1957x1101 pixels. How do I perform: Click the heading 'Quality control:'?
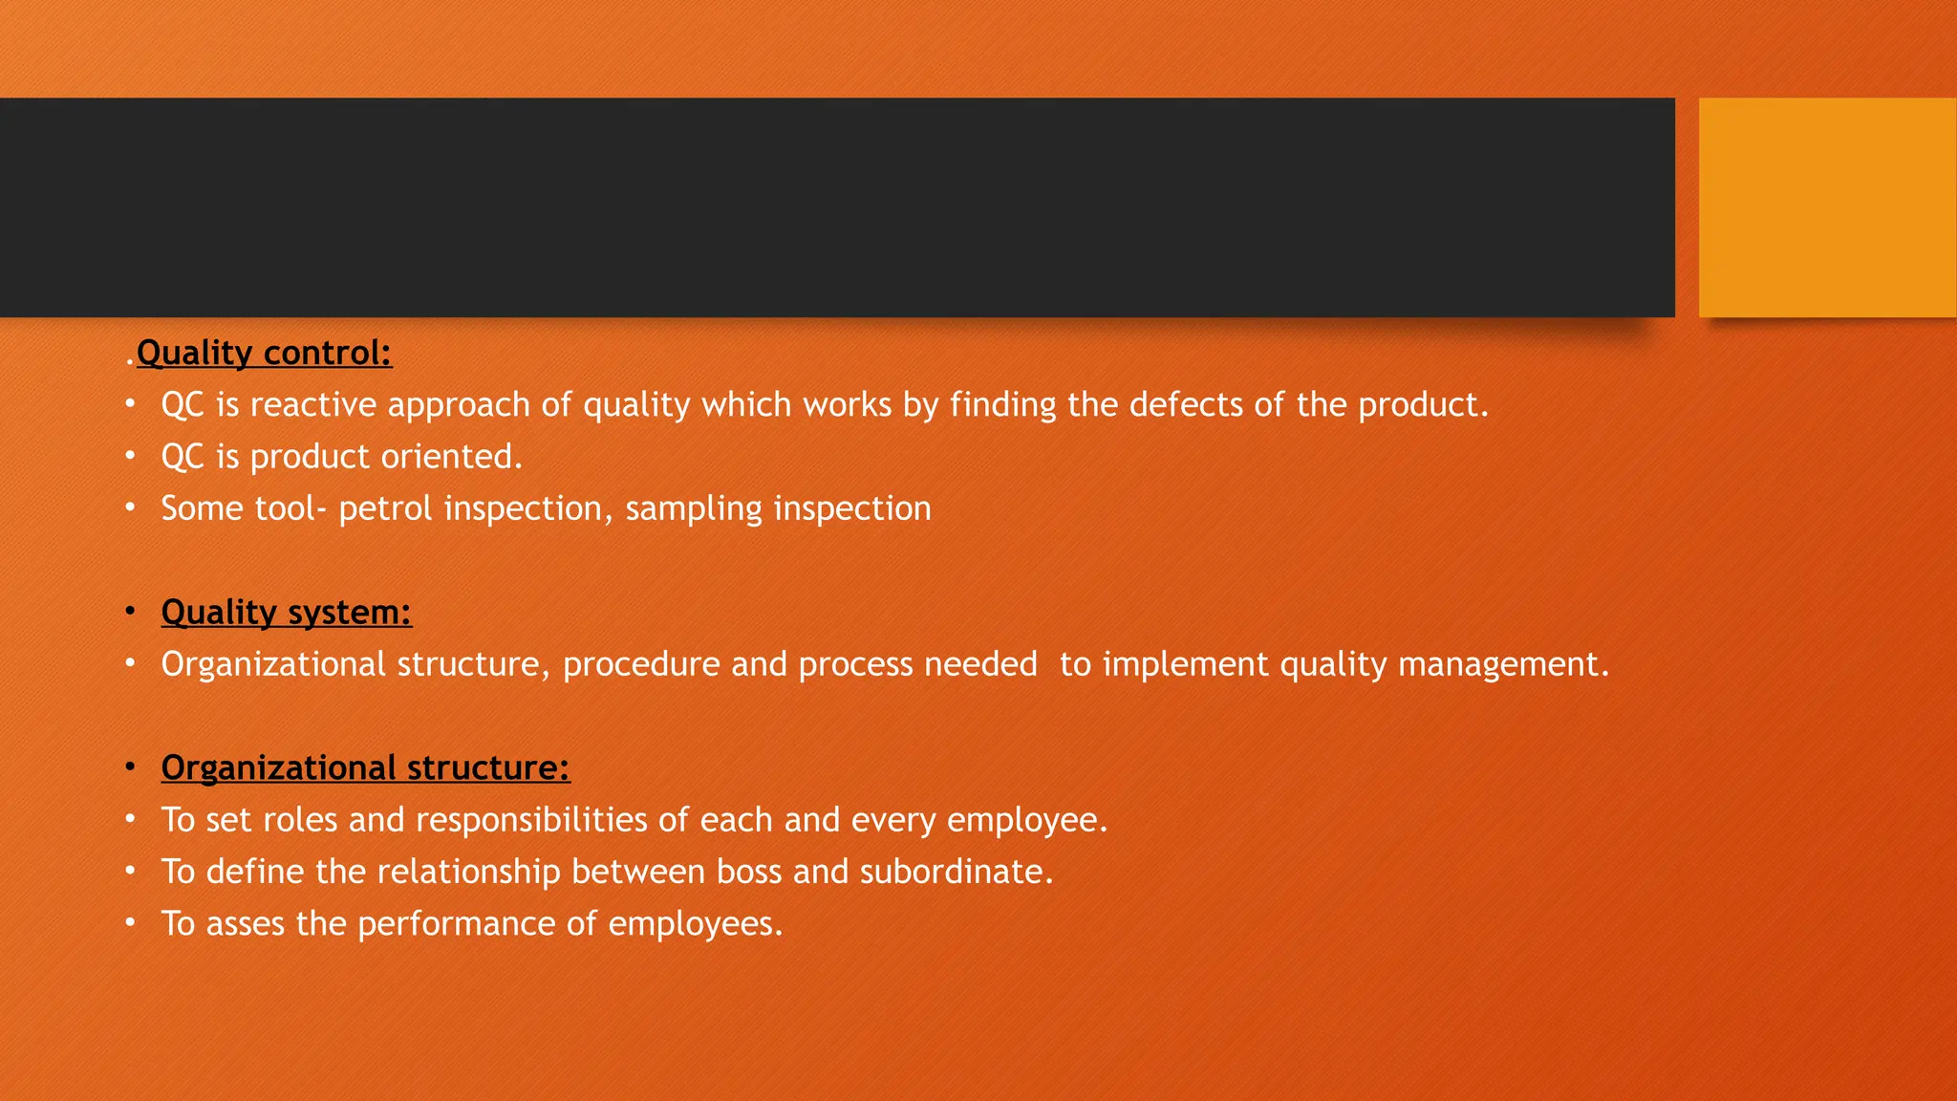[264, 354]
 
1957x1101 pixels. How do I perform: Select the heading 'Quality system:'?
[286, 612]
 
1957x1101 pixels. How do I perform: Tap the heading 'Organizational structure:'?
[365, 767]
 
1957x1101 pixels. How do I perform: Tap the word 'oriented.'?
[452, 457]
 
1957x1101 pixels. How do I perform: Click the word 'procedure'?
[641, 664]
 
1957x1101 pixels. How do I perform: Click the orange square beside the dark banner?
[1827, 207]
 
